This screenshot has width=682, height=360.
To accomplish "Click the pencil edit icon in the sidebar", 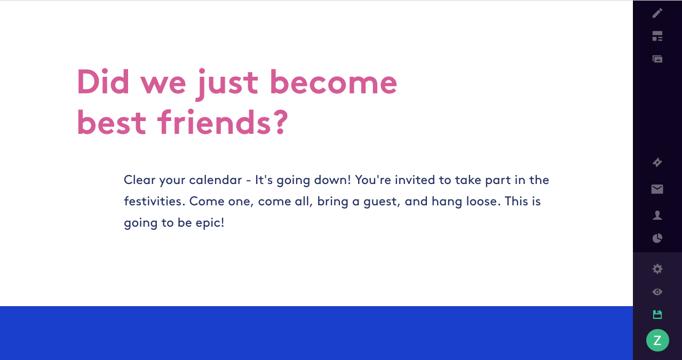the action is (x=657, y=13).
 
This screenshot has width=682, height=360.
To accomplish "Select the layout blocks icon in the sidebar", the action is (x=657, y=36).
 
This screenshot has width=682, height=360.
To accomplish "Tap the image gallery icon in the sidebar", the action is (x=657, y=59).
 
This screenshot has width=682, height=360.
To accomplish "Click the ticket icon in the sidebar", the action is (x=657, y=163).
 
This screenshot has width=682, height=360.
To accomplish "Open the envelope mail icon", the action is (x=657, y=189).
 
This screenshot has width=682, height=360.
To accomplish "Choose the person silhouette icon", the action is (x=657, y=215).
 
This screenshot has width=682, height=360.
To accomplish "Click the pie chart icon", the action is (x=657, y=238).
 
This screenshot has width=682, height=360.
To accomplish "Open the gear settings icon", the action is (x=657, y=269).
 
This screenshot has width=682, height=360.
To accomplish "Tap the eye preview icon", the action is (x=657, y=292).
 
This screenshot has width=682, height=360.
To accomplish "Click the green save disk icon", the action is (x=657, y=315).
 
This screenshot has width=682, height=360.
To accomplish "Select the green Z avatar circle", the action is (x=657, y=340).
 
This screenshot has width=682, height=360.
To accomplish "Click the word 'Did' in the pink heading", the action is (x=103, y=81).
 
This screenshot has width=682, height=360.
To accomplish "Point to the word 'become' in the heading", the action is (x=334, y=81).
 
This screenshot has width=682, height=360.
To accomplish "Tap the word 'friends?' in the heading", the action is (x=223, y=122).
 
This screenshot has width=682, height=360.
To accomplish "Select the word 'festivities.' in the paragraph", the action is (x=155, y=201).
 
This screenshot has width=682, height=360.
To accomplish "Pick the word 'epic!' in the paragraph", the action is (x=210, y=223).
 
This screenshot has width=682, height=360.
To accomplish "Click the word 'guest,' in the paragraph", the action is (x=382, y=202).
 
